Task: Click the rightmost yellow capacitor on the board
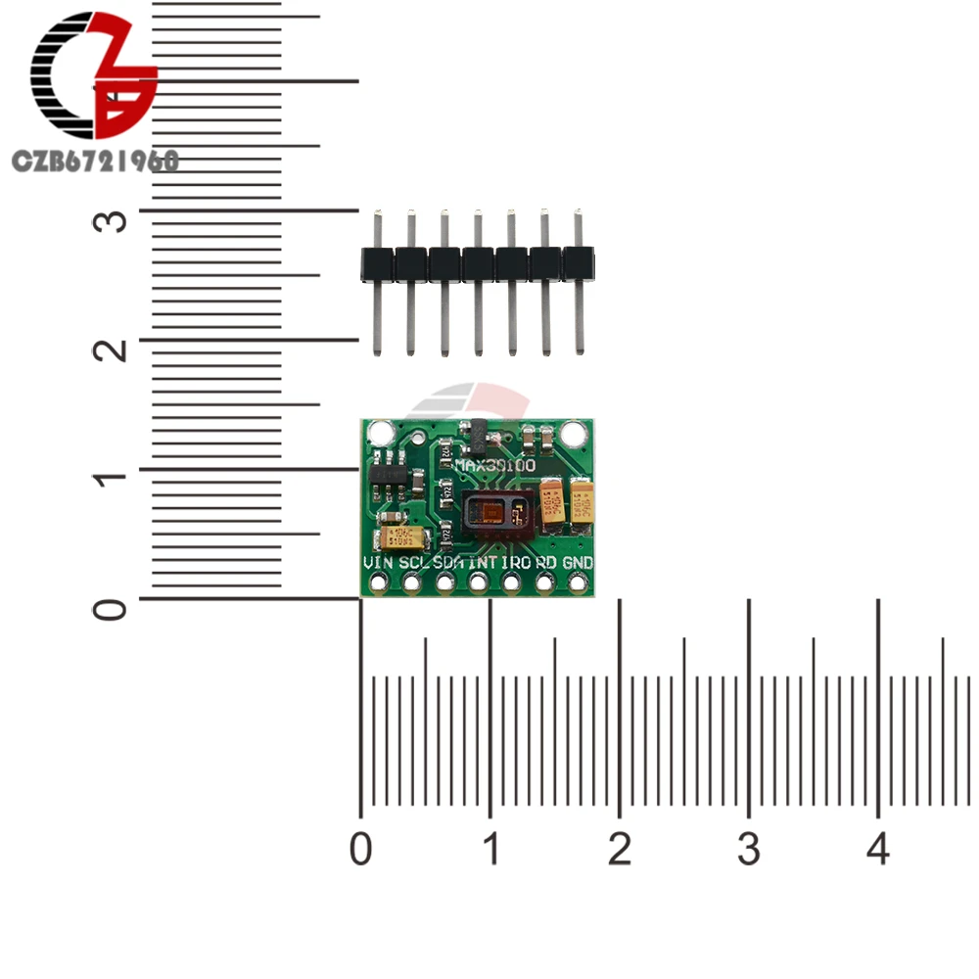pyautogui.click(x=584, y=501)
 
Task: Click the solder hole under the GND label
pyautogui.click(x=578, y=583)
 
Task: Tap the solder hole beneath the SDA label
pyautogui.click(x=445, y=583)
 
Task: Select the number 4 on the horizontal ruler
pyautogui.click(x=878, y=850)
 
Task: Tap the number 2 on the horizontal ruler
pyautogui.click(x=619, y=850)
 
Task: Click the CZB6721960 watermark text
pyautogui.click(x=95, y=161)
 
